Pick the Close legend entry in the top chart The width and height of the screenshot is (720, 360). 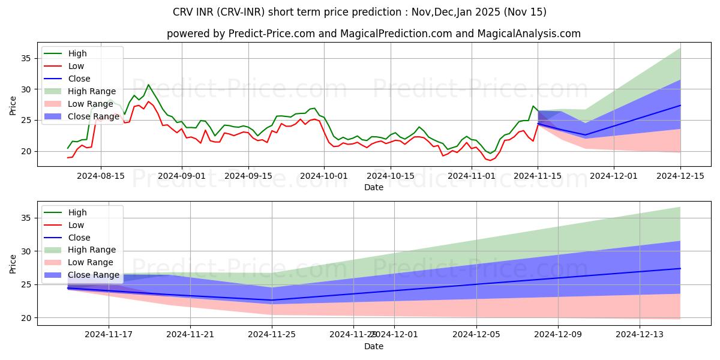point(79,79)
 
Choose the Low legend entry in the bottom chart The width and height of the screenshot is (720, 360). point(76,224)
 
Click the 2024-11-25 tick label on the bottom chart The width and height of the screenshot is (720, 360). point(272,335)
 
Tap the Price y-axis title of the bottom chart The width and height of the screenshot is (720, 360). point(13,263)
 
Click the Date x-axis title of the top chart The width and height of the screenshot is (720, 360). point(373,187)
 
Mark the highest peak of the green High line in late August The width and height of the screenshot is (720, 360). point(148,85)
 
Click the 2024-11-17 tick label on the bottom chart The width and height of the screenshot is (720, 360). point(109,335)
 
